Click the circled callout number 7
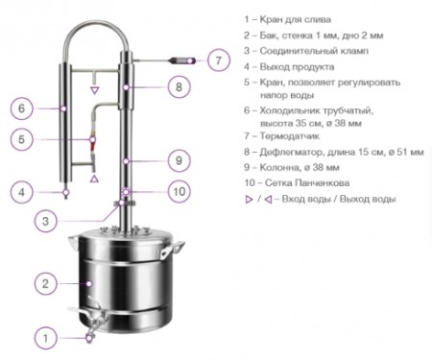pos(219,60)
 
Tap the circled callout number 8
pos(179,86)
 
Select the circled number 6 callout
pos(21,108)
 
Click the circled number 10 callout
pos(179,192)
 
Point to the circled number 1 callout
pos(46,338)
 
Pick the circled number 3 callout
pos(46,221)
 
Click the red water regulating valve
pos(92,142)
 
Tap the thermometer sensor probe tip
pos(181,60)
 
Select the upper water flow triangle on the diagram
pos(94,90)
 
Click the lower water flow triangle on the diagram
pos(94,179)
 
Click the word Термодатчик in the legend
pos(290,136)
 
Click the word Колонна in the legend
pos(276,167)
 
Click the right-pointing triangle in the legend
pos(249,200)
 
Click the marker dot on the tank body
pos(90,283)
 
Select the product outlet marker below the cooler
pos(66,193)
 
